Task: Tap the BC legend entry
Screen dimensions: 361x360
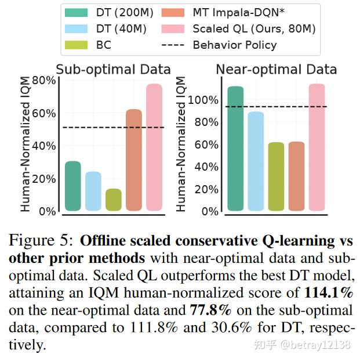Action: coord(93,45)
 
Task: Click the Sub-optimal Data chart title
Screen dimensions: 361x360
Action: coord(113,70)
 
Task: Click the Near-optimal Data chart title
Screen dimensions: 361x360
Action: coord(276,70)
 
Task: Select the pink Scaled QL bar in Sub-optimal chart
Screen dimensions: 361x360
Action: coord(154,147)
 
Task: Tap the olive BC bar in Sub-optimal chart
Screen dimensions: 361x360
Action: coord(114,200)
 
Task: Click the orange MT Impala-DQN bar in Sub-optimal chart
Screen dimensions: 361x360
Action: coord(134,160)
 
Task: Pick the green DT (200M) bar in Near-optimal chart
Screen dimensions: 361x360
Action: coord(235,149)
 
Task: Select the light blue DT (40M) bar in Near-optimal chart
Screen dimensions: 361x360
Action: coord(256,161)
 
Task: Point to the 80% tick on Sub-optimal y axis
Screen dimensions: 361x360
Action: coord(44,80)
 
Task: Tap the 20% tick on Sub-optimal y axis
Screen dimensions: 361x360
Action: coord(44,179)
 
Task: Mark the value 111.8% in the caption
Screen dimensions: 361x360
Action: coord(159,327)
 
